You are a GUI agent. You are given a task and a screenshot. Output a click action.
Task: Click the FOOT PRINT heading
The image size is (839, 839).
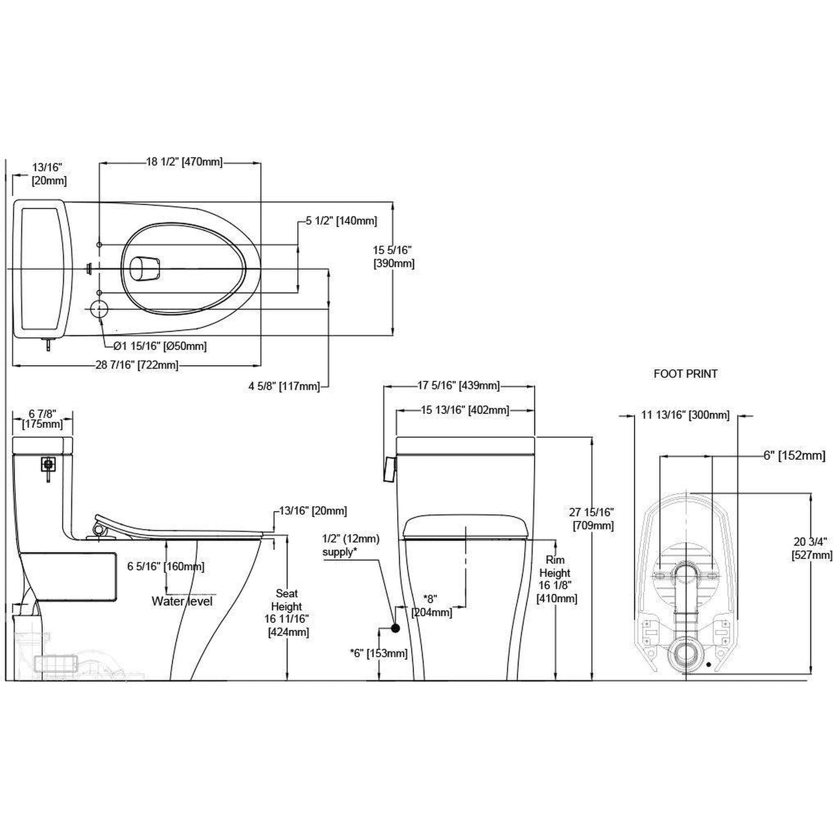click(x=685, y=374)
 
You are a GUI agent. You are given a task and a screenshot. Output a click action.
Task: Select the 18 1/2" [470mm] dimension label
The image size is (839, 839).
click(x=183, y=162)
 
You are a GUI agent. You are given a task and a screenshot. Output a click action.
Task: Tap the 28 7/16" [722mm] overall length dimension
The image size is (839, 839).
click(x=137, y=365)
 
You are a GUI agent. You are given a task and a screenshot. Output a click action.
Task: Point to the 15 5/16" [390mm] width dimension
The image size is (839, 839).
click(x=393, y=257)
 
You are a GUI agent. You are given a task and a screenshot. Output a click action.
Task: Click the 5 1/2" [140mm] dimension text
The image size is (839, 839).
click(x=341, y=221)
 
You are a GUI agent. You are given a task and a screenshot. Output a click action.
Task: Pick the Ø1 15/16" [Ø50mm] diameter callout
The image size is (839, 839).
click(x=160, y=346)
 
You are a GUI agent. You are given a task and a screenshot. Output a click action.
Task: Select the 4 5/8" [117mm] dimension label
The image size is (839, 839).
click(x=284, y=386)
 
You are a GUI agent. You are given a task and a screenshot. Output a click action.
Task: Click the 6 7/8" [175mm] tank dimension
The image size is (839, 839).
click(x=42, y=419)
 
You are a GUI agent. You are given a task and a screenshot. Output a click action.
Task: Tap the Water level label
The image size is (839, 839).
click(x=182, y=601)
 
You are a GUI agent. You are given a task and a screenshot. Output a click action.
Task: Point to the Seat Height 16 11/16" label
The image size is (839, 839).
click(x=287, y=612)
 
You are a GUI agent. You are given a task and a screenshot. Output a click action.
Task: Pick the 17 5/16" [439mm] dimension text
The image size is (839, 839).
click(x=458, y=386)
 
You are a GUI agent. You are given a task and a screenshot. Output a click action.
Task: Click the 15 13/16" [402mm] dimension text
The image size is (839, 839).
click(x=464, y=410)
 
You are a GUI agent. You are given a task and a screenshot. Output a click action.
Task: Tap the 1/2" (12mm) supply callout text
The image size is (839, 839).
click(x=351, y=545)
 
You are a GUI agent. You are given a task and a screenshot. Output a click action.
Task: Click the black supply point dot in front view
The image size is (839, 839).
click(x=395, y=628)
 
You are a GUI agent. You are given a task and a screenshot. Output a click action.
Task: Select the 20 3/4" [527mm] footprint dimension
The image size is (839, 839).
click(x=812, y=548)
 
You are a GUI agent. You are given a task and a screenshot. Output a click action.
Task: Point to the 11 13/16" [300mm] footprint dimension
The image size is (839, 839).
click(x=685, y=415)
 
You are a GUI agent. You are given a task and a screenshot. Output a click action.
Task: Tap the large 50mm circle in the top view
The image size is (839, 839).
click(x=100, y=309)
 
